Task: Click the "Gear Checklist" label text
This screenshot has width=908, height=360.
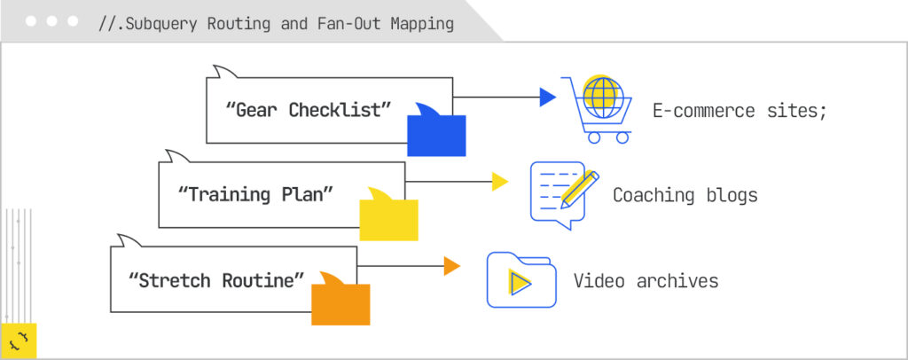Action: tap(309, 110)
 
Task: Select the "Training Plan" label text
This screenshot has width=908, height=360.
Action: tap(255, 194)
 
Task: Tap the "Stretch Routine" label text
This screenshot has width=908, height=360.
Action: tap(216, 281)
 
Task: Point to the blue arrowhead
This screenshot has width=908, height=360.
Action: tap(547, 98)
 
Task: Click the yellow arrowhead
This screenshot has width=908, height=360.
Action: tap(500, 182)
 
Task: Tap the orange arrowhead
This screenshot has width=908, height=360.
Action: tap(451, 266)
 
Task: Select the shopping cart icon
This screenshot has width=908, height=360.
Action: tap(597, 109)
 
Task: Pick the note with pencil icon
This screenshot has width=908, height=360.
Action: tap(564, 194)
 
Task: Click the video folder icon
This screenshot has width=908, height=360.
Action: tap(521, 280)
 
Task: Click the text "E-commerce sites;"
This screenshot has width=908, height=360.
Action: tap(740, 111)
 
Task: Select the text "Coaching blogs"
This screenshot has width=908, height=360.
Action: tap(685, 195)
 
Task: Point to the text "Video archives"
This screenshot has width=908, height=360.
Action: tap(646, 281)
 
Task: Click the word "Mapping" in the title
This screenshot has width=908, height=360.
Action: tap(422, 24)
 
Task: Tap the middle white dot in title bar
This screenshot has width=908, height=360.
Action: tap(51, 21)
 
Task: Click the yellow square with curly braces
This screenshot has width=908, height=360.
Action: tap(20, 340)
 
